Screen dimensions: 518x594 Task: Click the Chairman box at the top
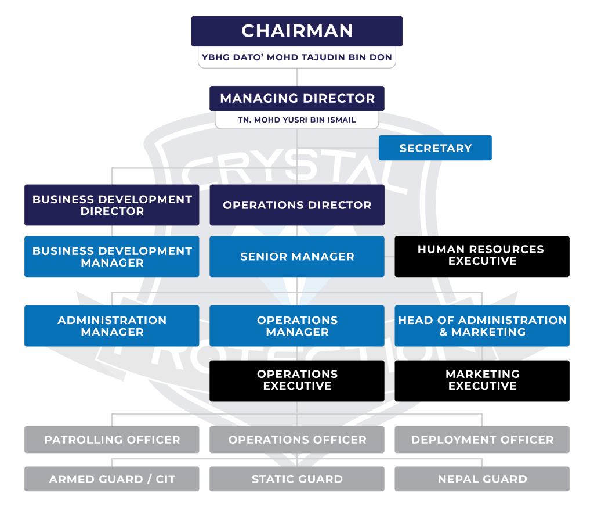click(x=297, y=31)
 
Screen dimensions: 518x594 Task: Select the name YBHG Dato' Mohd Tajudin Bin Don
click(x=297, y=58)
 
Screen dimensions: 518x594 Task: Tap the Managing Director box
click(x=297, y=98)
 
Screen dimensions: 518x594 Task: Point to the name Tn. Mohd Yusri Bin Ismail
click(x=297, y=120)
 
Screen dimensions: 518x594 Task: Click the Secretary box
click(x=435, y=148)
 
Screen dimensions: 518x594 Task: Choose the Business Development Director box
click(x=112, y=205)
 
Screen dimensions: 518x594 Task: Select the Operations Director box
click(x=297, y=205)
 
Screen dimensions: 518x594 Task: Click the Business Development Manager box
click(x=112, y=257)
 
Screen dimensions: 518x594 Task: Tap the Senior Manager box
click(x=297, y=257)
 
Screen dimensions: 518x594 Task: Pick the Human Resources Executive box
click(x=482, y=256)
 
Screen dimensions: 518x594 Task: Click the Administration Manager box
click(x=112, y=326)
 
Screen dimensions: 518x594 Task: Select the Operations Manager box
click(x=297, y=326)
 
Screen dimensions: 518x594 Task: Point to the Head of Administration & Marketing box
click(x=482, y=326)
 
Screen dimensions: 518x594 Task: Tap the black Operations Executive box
click(x=297, y=380)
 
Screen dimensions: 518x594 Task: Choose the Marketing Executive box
click(x=482, y=380)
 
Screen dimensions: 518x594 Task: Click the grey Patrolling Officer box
click(x=112, y=440)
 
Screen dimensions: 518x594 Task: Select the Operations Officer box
click(x=297, y=440)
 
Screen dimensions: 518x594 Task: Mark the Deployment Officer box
click(x=482, y=440)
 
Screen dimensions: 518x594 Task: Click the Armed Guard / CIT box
click(x=112, y=479)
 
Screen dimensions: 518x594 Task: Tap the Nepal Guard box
click(x=482, y=479)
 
